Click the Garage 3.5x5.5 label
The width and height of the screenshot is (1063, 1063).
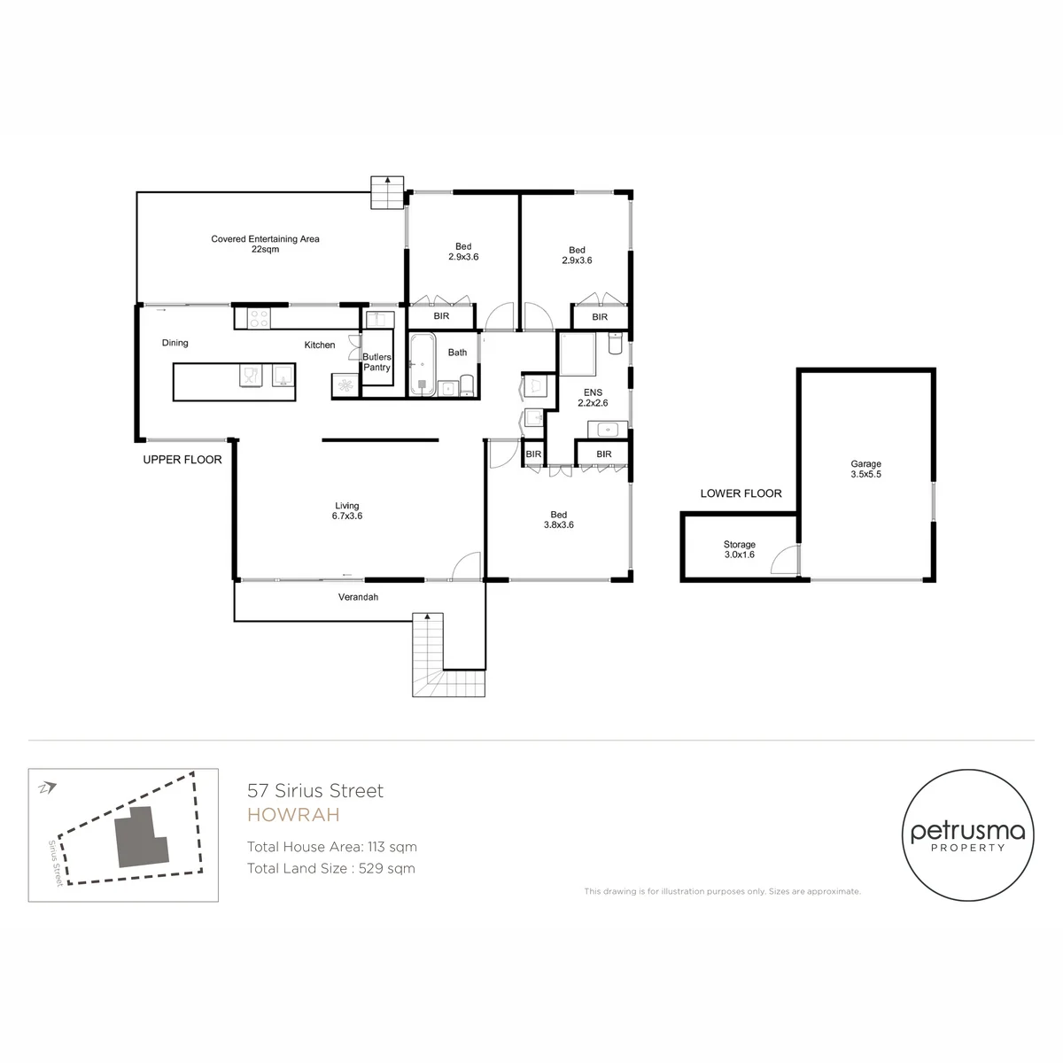pos(865,469)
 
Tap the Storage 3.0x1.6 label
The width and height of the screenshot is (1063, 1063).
pos(739,549)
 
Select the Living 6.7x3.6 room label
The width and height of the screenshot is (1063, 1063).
pos(347,511)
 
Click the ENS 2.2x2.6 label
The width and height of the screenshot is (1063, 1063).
pos(593,398)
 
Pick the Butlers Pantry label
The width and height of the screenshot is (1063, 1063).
pos(376,362)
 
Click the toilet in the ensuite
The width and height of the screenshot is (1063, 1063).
pos(615,343)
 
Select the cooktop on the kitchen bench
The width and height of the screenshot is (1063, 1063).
pos(258,319)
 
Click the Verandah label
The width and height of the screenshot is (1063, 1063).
pos(358,597)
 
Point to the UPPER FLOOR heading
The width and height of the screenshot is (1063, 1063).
pos(182,460)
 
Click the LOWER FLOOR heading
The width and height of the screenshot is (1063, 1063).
pos(741,493)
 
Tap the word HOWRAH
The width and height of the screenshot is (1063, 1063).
pos(293,815)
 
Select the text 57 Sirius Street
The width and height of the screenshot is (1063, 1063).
pos(315,790)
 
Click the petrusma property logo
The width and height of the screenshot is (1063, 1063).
pos(967,835)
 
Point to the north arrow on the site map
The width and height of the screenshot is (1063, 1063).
pos(48,788)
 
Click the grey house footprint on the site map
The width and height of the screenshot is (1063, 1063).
pos(141,837)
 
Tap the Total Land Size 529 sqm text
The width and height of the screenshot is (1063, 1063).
pos(331,868)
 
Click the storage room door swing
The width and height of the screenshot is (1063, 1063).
pos(785,559)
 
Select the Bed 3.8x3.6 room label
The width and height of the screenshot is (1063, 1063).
pos(559,520)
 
